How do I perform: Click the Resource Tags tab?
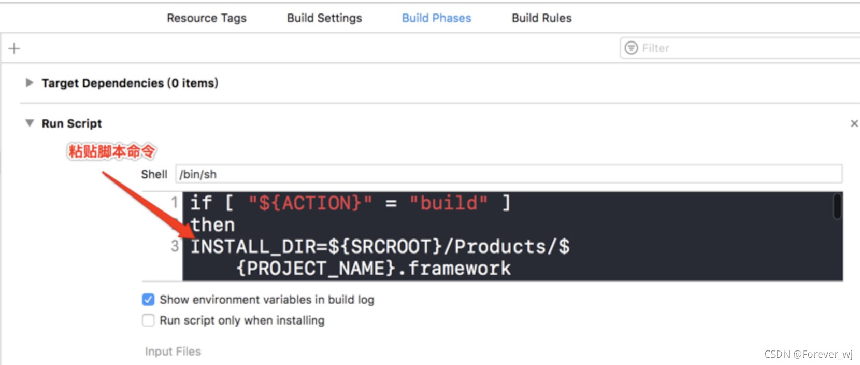coord(206,18)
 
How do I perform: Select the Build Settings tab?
coord(324,18)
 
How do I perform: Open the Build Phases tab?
coord(436,18)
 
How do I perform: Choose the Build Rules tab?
coord(541,18)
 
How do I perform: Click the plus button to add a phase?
coord(14,48)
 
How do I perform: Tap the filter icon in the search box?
coord(631,48)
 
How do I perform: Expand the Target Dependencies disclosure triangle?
coord(30,82)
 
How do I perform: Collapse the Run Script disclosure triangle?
coord(30,123)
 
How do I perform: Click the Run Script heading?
coord(71,123)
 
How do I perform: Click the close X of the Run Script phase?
coord(854,123)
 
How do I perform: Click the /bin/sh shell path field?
coord(508,174)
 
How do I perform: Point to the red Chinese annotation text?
coord(111,151)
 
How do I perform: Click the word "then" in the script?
coord(212,225)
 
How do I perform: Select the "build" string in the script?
coord(449,203)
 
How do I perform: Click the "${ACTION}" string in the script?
coord(310,203)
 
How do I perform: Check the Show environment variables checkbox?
coord(148,300)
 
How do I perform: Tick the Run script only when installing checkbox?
coord(148,320)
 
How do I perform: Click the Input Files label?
coord(173,352)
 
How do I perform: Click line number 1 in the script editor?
coord(175,202)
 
